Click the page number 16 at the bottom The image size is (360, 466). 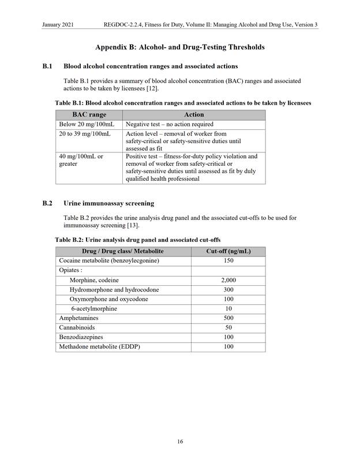[180, 442]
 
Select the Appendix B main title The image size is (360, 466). [180, 47]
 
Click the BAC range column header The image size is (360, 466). [89, 114]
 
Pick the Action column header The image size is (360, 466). [194, 114]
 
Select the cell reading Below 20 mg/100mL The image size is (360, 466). [87, 124]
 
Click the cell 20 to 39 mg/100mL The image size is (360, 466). [85, 133]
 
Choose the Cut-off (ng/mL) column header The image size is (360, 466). [228, 251]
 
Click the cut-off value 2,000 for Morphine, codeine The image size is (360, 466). [228, 279]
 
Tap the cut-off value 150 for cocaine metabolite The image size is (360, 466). [228, 260]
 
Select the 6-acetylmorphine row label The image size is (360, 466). [93, 308]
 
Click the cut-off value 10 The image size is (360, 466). [228, 308]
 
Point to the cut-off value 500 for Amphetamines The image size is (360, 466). [228, 318]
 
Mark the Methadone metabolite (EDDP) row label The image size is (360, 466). [99, 346]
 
